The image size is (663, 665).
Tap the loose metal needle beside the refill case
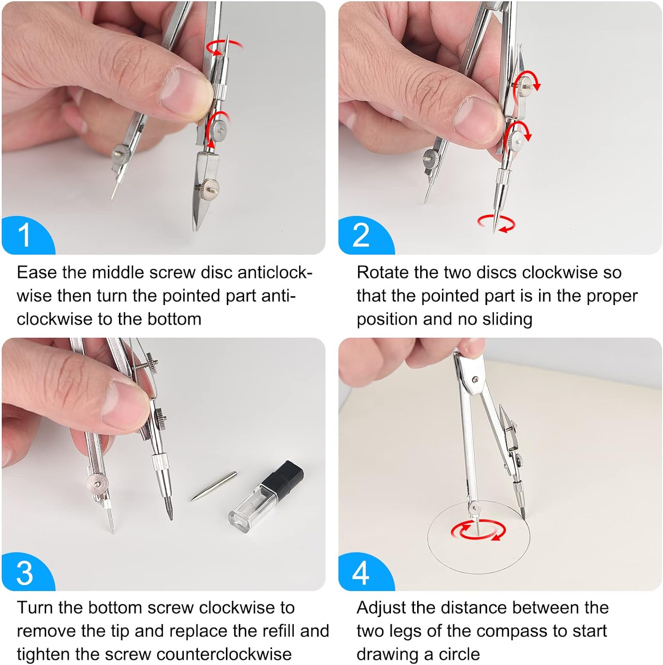pos(214,486)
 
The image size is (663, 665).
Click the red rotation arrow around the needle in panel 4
pos(479,530)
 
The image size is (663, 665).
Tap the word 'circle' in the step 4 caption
pos(459,654)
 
